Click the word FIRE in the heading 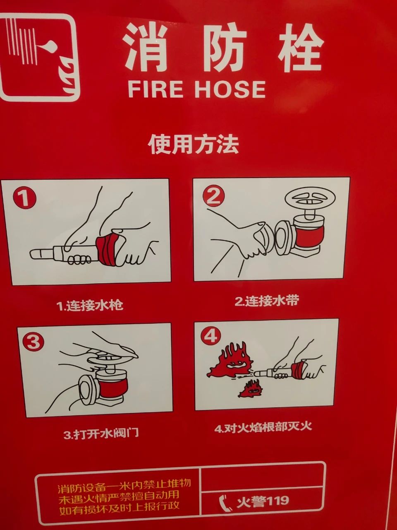(155, 89)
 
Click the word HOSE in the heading (230, 89)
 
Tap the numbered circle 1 (24, 198)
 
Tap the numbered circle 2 (213, 196)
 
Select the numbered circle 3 (33, 342)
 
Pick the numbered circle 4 (210, 336)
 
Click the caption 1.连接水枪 (90, 305)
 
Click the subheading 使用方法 (194, 145)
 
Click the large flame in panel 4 (229, 360)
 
